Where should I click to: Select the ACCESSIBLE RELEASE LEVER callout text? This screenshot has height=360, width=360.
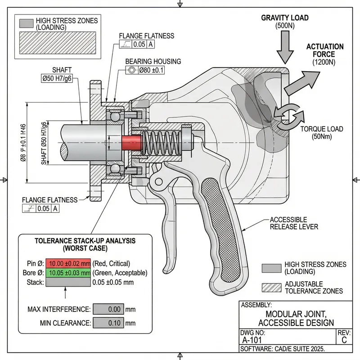294,223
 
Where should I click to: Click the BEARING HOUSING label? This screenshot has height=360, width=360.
153,61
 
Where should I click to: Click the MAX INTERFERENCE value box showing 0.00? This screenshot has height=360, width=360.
108,309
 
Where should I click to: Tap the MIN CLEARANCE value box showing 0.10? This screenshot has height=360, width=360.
108,323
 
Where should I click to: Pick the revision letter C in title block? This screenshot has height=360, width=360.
344,340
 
